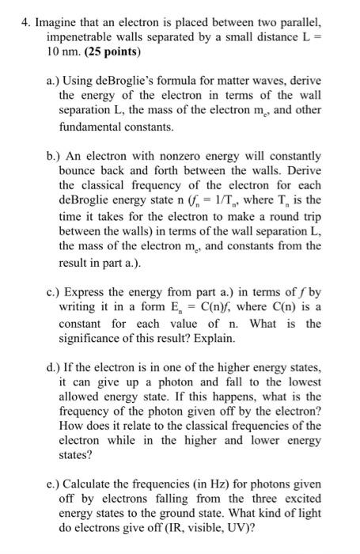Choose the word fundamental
(x=89, y=126)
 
